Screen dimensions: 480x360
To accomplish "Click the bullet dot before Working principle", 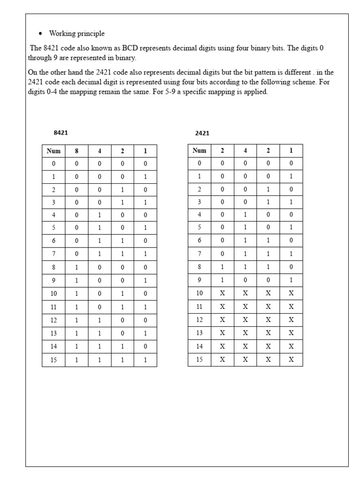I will tap(40, 34).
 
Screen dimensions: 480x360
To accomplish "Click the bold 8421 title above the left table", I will tap(60, 133).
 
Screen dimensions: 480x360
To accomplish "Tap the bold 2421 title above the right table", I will tap(202, 133).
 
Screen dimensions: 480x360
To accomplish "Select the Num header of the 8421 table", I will tap(53, 151).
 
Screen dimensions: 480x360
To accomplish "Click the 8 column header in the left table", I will tap(76, 151).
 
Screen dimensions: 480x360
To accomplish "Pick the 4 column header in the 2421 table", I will tap(245, 150).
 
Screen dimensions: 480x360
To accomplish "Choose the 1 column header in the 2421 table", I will tap(291, 150).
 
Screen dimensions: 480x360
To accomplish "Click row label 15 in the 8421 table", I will tap(53, 360).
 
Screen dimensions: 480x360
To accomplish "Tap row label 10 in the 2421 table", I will tap(199, 293).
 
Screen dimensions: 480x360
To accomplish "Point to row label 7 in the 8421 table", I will tap(53, 254).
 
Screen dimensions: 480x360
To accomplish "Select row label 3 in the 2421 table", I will tap(199, 202).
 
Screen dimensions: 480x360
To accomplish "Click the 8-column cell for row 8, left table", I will tap(76, 267).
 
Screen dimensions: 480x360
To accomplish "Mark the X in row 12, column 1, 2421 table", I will tap(291, 320).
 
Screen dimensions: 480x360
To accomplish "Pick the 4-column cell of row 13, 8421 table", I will tap(99, 333).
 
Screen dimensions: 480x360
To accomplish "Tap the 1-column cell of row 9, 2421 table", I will tap(291, 280).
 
